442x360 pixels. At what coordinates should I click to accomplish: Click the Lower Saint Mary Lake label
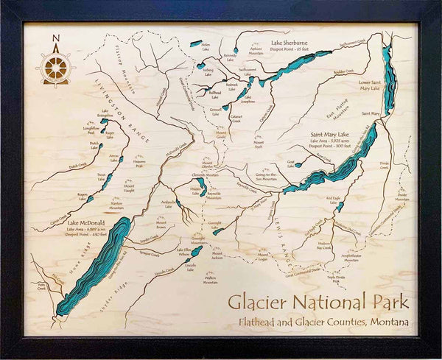370,85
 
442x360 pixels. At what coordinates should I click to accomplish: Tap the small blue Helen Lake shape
195,43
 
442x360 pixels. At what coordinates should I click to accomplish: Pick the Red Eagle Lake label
336,199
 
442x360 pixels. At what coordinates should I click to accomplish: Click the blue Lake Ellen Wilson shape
196,252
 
